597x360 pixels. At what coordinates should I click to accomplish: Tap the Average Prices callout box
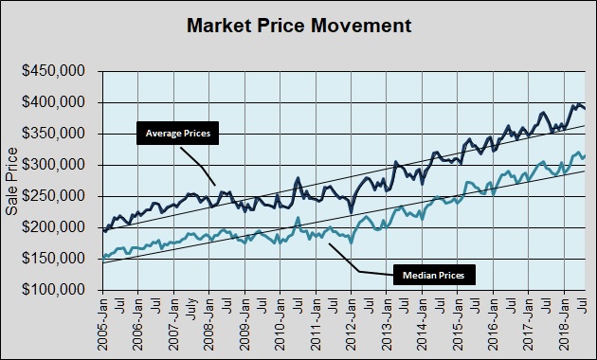177,134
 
